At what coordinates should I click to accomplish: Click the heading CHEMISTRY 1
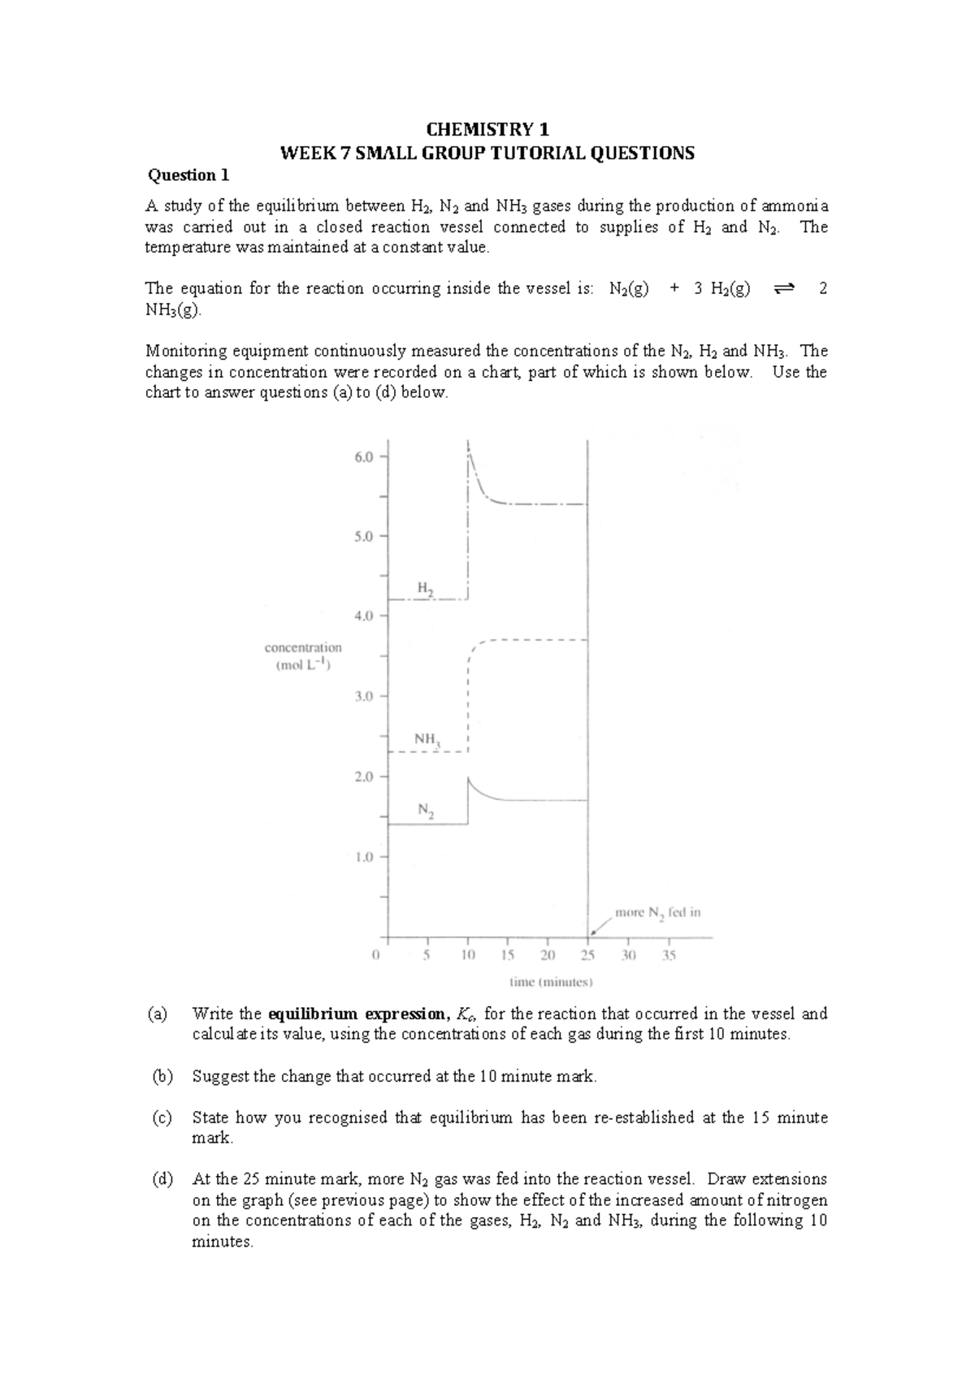pyautogui.click(x=488, y=130)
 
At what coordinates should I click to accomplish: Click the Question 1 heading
pyautogui.click(x=188, y=175)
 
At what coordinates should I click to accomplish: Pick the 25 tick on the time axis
pyautogui.click(x=587, y=956)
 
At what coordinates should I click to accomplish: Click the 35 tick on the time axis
pyautogui.click(x=668, y=956)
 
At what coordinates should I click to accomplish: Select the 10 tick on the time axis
pyautogui.click(x=468, y=956)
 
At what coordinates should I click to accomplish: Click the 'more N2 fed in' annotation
pyautogui.click(x=657, y=913)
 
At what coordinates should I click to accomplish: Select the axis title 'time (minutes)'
pyautogui.click(x=551, y=982)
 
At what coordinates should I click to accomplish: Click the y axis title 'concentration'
pyautogui.click(x=303, y=648)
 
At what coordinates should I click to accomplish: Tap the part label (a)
pyautogui.click(x=157, y=1014)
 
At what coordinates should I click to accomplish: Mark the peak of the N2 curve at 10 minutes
pyautogui.click(x=468, y=778)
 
